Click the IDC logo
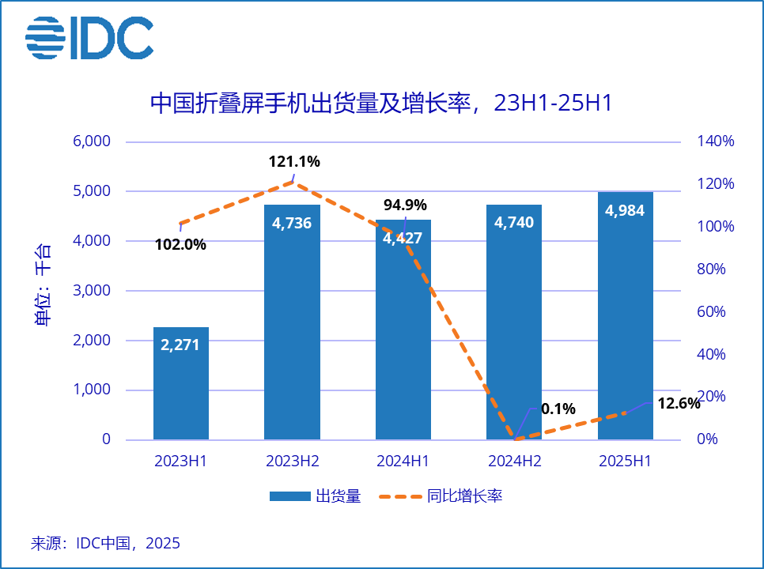coord(89,37)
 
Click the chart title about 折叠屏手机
coord(381,104)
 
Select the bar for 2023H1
coord(181,383)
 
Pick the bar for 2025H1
coord(625,316)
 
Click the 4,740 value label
coord(514,223)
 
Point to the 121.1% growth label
coord(294,162)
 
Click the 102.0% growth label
coord(181,244)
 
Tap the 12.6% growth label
coord(679,404)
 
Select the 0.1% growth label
coord(558,409)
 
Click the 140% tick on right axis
coord(716,141)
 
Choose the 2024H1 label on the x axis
coord(403,462)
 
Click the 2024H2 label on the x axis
coord(514,462)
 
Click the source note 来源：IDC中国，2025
coord(105,544)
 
